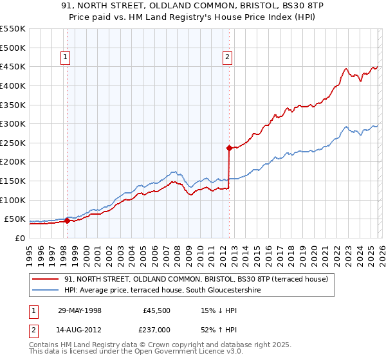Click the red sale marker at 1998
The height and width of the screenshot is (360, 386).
click(x=67, y=221)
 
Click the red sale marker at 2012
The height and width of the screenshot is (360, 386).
click(x=228, y=148)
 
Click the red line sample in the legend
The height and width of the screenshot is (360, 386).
click(x=45, y=279)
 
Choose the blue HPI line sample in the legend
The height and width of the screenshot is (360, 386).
click(x=45, y=289)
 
